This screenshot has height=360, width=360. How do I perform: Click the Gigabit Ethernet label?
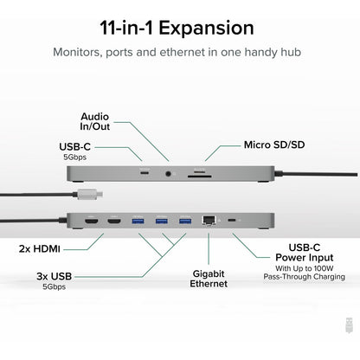(209, 277)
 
